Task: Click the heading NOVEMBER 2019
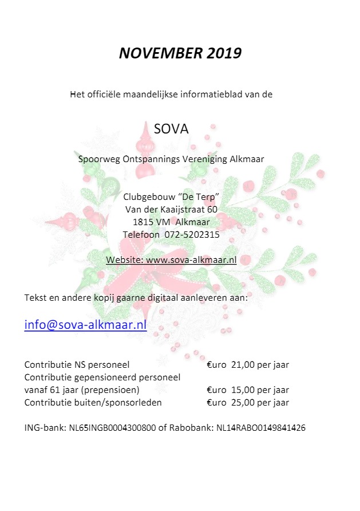pos(180,53)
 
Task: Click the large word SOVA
pos(171,128)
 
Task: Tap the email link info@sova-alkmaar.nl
pos(85,325)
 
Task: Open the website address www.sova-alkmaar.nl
pos(191,260)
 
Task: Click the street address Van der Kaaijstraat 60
pos(171,210)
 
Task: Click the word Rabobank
pos(188,428)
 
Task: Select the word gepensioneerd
pos(110,377)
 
